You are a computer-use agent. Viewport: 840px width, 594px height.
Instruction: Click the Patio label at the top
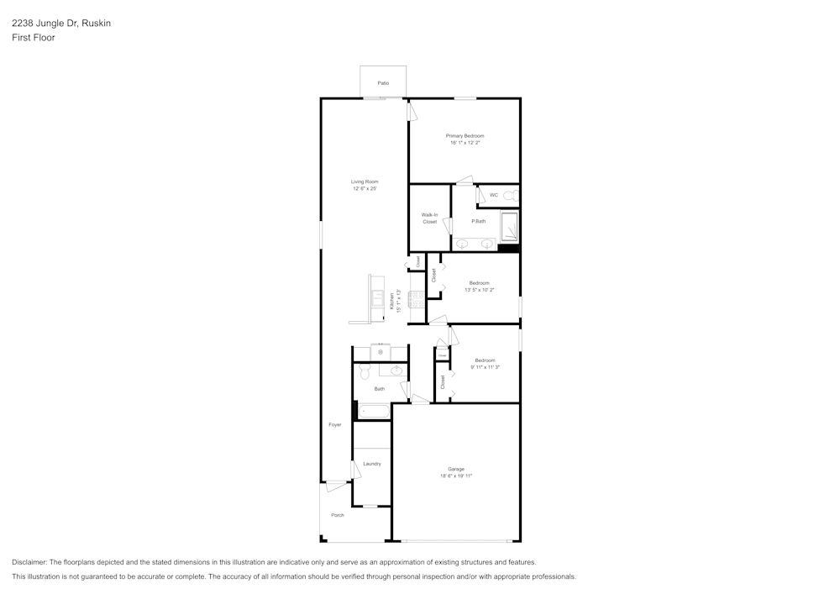pos(383,83)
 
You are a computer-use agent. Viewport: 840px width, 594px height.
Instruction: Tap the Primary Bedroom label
pos(465,136)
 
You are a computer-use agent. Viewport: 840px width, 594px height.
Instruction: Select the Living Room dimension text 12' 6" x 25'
pos(365,189)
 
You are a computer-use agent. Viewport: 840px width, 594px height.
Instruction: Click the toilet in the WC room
pos(512,196)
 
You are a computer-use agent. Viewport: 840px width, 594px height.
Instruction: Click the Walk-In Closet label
pos(429,218)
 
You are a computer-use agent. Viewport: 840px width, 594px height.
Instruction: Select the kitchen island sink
pos(378,298)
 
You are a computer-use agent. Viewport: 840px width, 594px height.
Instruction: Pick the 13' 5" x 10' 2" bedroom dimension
pos(479,290)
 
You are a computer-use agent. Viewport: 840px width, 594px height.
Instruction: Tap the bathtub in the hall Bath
pos(374,412)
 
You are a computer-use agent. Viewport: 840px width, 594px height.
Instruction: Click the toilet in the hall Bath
pos(365,371)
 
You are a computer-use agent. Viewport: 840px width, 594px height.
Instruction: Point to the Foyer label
pos(335,425)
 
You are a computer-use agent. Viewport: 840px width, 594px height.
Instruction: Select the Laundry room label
pos(372,464)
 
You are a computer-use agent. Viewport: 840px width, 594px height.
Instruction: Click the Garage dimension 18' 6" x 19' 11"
pos(456,476)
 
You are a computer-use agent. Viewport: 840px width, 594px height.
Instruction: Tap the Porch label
pos(338,515)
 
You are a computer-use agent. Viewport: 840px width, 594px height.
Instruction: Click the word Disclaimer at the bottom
pos(29,562)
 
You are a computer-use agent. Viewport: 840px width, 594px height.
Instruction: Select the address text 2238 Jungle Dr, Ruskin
pos(60,24)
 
